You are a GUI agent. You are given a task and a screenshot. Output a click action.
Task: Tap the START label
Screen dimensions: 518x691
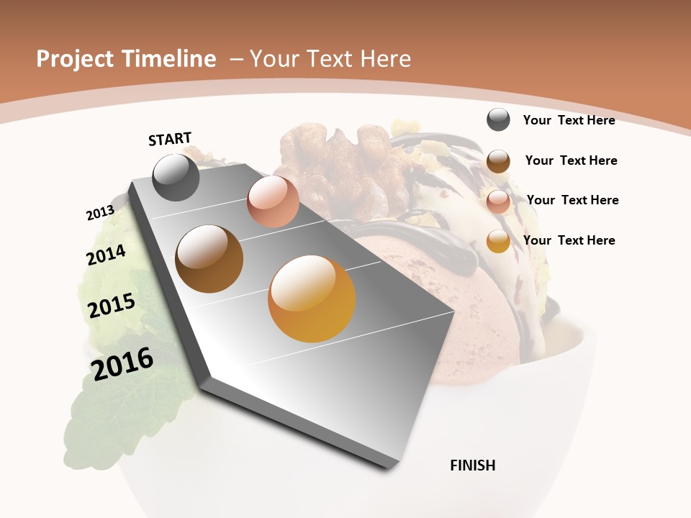170,139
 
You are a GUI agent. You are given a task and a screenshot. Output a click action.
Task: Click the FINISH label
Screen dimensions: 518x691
473,465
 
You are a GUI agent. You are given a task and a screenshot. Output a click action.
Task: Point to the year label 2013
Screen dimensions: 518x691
100,213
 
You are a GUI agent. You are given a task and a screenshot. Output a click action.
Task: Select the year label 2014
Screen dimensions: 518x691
106,255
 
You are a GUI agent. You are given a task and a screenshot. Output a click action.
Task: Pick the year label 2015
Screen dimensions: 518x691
112,306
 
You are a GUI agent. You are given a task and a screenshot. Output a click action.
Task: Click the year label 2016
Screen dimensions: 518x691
122,364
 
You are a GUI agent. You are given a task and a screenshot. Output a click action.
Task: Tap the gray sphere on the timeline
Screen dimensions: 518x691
176,177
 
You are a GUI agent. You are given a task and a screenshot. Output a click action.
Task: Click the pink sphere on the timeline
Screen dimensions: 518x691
273,201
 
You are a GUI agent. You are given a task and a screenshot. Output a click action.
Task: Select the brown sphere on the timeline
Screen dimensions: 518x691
209,259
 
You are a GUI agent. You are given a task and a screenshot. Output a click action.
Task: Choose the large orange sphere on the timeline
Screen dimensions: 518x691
312,299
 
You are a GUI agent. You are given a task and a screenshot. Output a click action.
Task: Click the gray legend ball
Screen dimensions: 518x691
498,119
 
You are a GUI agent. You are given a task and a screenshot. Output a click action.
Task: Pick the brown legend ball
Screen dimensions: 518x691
498,160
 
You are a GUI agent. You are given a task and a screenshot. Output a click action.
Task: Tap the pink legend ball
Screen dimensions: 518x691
498,201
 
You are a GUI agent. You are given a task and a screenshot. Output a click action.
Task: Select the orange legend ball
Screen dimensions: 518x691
498,241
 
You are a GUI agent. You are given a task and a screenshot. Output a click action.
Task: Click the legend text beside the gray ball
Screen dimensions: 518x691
569,120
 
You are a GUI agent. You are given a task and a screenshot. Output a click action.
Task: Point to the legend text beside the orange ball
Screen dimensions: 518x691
569,240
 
